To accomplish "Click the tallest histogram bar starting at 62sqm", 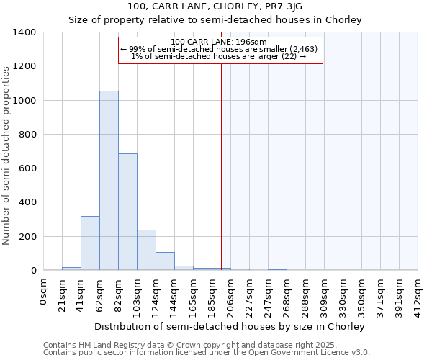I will [x=109, y=180].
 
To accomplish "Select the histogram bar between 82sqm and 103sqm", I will [x=127, y=212].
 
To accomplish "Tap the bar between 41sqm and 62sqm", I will [x=90, y=243].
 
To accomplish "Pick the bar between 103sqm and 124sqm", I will [x=146, y=250].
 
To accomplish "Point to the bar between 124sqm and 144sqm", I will [x=165, y=261].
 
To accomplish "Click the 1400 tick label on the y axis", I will [x=24, y=32].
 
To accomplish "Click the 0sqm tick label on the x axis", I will [x=44, y=292].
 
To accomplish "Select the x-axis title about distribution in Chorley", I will [x=230, y=326].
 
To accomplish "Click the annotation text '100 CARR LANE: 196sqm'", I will [x=220, y=42].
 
